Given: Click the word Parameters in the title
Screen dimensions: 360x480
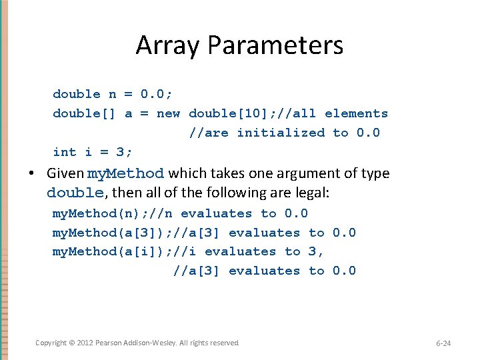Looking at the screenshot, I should (275, 45).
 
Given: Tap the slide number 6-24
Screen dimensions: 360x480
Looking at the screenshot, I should (443, 343).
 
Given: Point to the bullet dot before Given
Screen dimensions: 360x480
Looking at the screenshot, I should (32, 174).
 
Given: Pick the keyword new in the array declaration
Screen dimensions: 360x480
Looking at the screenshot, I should (168, 113).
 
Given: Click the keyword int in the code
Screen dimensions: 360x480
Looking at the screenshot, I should (65, 152).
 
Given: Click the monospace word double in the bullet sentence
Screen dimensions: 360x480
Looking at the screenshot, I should (75, 193).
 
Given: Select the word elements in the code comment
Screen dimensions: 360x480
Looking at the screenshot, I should (356, 113).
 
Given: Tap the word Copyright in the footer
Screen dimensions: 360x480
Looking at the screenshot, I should (51, 343).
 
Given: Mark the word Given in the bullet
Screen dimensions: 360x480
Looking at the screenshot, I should (65, 173).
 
